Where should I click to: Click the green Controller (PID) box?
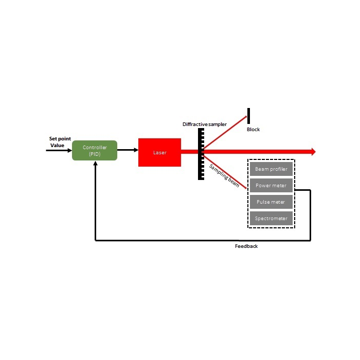tap(95, 151)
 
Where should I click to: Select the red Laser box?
tap(159, 152)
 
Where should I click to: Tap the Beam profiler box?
tap(271, 169)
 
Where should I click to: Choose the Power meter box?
tap(271, 185)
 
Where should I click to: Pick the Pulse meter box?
tap(271, 202)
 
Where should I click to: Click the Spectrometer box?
tap(271, 218)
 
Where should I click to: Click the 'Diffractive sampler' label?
tap(204, 124)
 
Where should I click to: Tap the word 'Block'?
tap(253, 130)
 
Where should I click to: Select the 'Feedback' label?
tap(246, 246)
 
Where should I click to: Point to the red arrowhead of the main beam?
tap(312, 152)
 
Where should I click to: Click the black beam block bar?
tap(248, 117)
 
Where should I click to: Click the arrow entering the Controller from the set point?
tap(59, 151)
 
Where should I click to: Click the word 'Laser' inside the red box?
tap(159, 153)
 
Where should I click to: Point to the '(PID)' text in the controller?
tap(95, 154)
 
